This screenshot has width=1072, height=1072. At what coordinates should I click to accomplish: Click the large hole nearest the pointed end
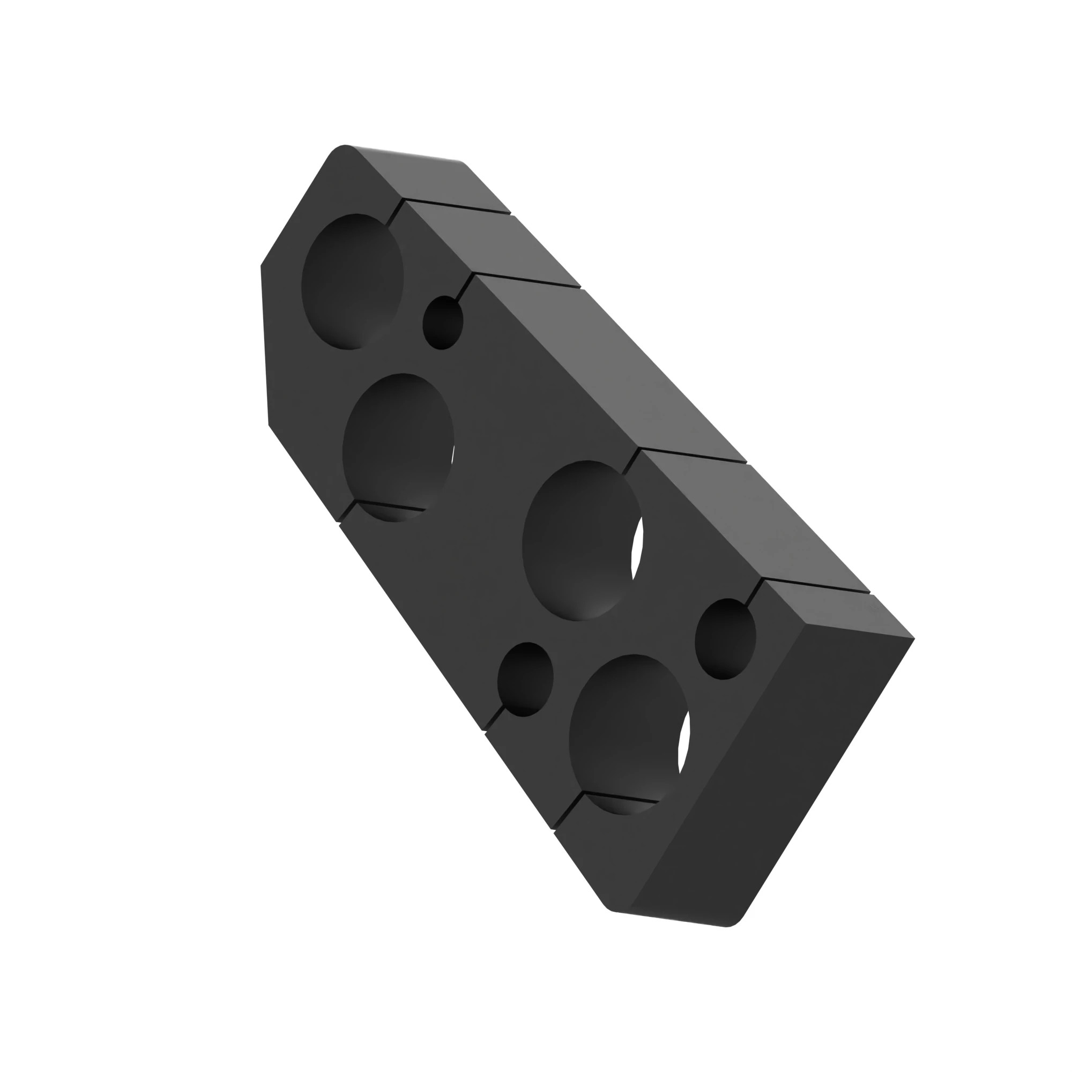352,281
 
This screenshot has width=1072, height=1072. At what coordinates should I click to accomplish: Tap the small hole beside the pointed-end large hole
442,322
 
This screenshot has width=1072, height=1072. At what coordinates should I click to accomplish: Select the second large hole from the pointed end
397,447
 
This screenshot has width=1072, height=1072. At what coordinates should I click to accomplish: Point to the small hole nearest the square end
725,639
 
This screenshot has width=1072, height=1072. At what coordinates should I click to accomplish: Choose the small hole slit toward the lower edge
525,679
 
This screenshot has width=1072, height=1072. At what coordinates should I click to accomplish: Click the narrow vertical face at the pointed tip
265,344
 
